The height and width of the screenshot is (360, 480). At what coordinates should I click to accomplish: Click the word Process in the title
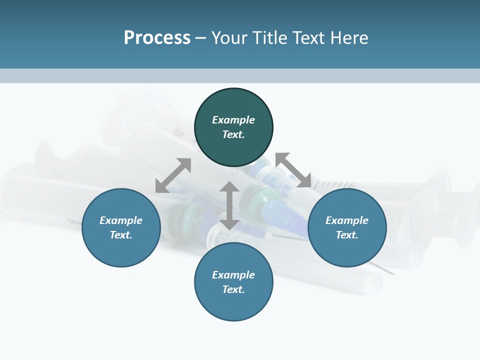click(157, 38)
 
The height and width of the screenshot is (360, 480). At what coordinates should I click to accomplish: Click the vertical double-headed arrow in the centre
click(229, 205)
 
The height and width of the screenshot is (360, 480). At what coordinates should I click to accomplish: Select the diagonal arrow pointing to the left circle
click(173, 175)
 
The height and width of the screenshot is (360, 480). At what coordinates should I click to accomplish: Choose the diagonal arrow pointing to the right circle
click(293, 170)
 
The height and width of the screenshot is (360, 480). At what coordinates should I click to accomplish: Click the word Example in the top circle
click(233, 120)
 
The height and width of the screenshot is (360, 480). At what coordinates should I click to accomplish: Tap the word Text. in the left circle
click(121, 235)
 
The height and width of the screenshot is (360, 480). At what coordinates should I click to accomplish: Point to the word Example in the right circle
click(347, 220)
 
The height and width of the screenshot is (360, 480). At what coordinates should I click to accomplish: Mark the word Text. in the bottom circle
click(233, 289)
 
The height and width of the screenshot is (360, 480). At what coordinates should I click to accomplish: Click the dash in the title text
click(201, 38)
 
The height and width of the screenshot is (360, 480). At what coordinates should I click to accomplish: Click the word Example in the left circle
click(121, 220)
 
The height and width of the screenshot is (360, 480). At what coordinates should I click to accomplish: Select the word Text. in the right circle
click(347, 235)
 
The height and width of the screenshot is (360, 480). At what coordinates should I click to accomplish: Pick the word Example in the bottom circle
click(233, 275)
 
